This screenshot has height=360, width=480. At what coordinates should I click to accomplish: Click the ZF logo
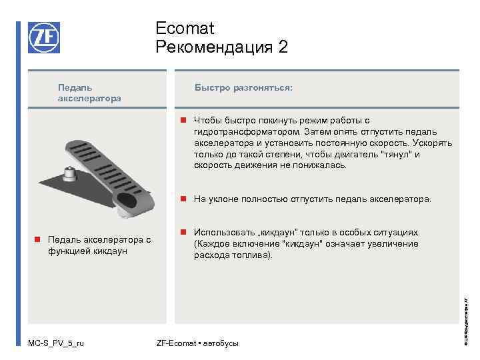pos(44,38)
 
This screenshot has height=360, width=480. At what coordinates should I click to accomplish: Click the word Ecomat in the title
pos(185,29)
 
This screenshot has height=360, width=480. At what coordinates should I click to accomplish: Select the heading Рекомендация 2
pos(222,47)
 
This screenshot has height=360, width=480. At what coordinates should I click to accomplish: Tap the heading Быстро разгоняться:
pos(243,87)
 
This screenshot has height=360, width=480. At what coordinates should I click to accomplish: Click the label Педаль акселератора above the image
pos(89,93)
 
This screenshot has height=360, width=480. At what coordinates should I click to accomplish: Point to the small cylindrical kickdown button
pos(69,174)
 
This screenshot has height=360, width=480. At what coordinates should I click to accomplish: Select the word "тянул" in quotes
pos(400,155)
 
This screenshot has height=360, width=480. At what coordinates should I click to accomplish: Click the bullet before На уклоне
pos(183,199)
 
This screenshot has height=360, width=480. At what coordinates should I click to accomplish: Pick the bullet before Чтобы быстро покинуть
pos(183,121)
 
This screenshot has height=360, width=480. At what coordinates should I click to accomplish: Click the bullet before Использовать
pos(183,233)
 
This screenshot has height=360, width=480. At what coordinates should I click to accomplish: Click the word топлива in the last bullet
pos(255,255)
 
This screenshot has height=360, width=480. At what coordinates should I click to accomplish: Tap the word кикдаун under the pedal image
pos(110,251)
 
